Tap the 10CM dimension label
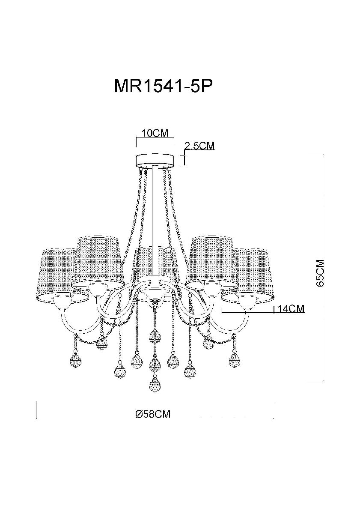click(x=155, y=133)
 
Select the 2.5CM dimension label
click(x=199, y=146)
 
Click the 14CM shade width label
click(x=291, y=309)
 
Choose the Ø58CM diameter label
click(x=153, y=414)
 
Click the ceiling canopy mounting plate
click(x=155, y=161)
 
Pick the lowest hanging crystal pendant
click(x=155, y=385)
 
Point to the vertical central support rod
click(x=154, y=223)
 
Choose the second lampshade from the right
click(x=211, y=257)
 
